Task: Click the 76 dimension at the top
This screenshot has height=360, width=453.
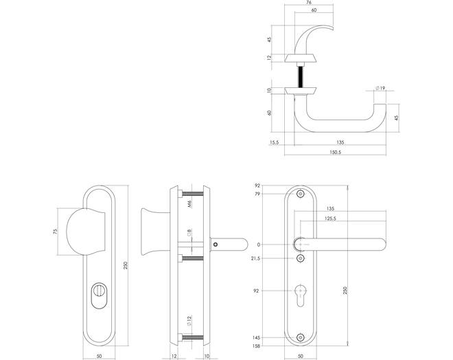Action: (x=309, y=2)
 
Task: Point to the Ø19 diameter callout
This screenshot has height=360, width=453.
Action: (x=380, y=88)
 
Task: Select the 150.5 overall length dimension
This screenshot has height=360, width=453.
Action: (x=335, y=152)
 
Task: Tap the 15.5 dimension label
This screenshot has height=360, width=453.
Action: (x=274, y=142)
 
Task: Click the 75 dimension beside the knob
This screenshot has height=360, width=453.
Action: (x=56, y=232)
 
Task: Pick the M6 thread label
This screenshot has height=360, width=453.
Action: (x=190, y=205)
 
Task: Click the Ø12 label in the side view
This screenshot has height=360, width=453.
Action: (x=189, y=320)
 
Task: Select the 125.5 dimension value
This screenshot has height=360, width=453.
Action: (x=331, y=218)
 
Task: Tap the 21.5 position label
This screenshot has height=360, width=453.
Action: (x=255, y=258)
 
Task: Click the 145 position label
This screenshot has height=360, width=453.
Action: (x=256, y=337)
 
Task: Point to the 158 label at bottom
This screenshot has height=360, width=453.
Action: (x=256, y=346)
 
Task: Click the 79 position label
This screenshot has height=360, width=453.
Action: (x=257, y=194)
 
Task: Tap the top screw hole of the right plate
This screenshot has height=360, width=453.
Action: (x=301, y=194)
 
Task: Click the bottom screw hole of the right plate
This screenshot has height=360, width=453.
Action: (x=301, y=337)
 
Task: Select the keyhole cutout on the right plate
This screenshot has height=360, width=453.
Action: (x=301, y=295)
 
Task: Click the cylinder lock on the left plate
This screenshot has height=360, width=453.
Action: (x=99, y=295)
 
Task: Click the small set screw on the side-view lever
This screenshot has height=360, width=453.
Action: (x=215, y=245)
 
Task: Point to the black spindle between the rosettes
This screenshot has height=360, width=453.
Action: (x=301, y=77)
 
